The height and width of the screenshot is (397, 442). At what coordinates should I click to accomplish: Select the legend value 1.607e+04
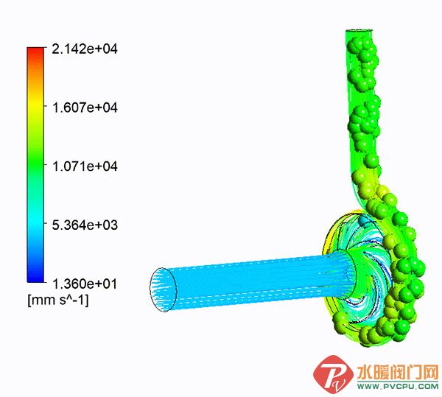click(84, 108)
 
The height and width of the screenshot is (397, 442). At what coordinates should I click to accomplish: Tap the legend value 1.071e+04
click(84, 166)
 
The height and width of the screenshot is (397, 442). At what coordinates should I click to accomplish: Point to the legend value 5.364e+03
click(84, 224)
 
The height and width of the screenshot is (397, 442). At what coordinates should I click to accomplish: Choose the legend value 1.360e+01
click(84, 283)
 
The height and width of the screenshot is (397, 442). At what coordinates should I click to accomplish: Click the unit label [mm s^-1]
click(57, 301)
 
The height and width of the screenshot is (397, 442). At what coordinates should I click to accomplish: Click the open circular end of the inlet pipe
click(164, 288)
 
